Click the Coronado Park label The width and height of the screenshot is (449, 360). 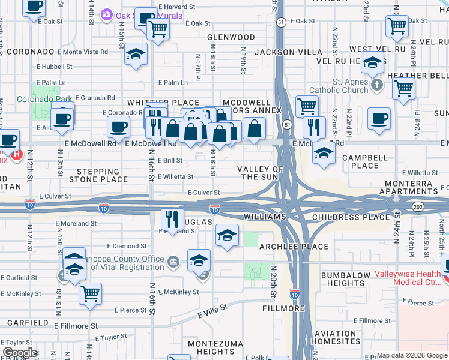(x=44, y=98)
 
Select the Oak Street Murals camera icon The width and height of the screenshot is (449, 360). (x=107, y=14)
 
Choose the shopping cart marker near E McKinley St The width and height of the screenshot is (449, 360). (x=90, y=294)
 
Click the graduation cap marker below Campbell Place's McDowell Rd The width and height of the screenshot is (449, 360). (x=324, y=153)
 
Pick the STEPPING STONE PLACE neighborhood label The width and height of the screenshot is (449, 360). (x=98, y=175)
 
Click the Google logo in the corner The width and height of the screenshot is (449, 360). (x=20, y=353)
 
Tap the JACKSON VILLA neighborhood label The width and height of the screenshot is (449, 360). (x=290, y=52)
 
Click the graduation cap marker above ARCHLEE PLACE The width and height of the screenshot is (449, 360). (x=227, y=236)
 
